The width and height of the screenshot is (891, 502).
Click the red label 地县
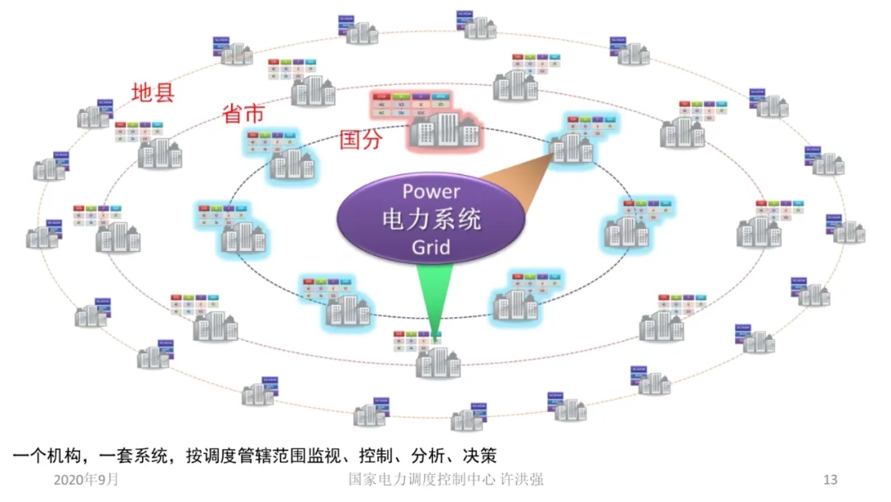153,92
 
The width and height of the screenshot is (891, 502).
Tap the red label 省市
244,114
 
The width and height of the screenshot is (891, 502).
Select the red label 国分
361,140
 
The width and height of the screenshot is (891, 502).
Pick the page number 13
831,480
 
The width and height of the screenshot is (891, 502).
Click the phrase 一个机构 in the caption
45,455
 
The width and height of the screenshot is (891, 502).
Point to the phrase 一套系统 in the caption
133,455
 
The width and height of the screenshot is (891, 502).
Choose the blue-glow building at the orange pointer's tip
572,147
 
